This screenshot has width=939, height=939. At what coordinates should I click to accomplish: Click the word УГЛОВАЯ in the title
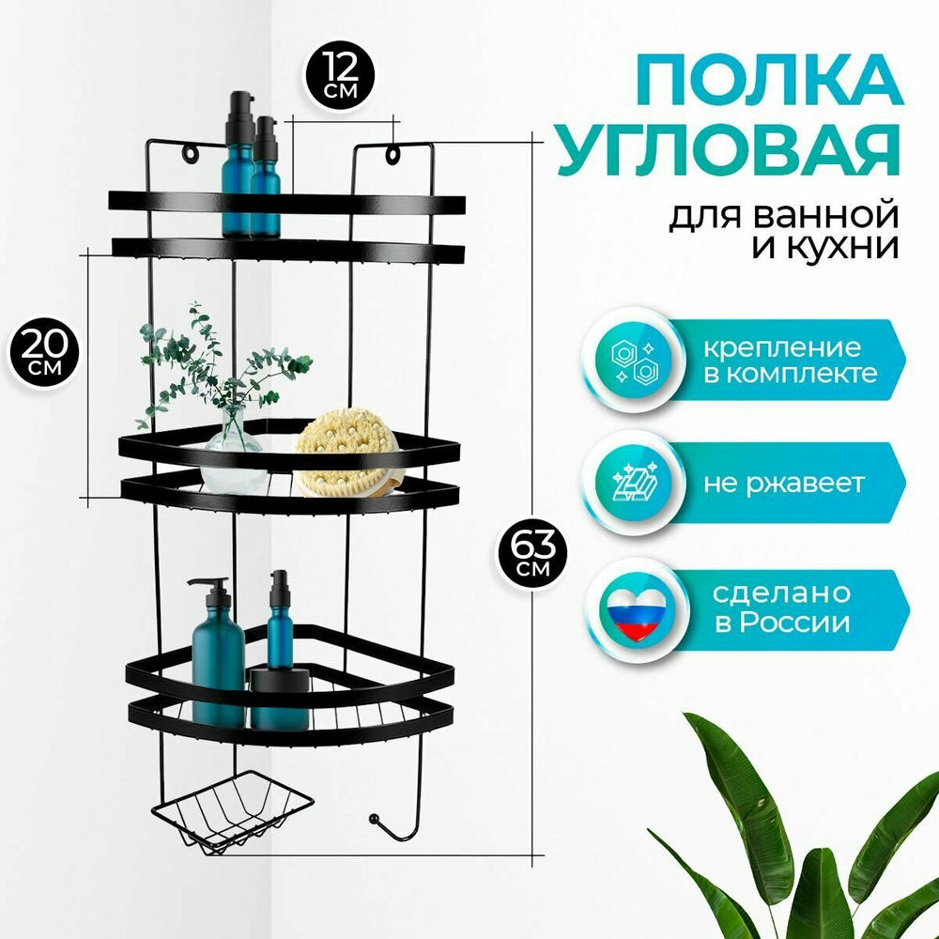tap(730, 149)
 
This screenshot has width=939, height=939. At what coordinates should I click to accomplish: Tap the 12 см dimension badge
tap(340, 76)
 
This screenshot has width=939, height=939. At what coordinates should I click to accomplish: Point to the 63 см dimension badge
tap(531, 553)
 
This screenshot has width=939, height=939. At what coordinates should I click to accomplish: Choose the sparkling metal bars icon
tap(636, 482)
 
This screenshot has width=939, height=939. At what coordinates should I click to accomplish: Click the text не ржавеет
tap(784, 484)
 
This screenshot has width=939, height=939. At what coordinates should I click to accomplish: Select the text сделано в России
tap(782, 608)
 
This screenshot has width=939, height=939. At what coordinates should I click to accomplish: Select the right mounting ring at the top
tap(393, 154)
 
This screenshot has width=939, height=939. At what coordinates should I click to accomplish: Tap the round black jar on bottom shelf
tap(280, 700)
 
